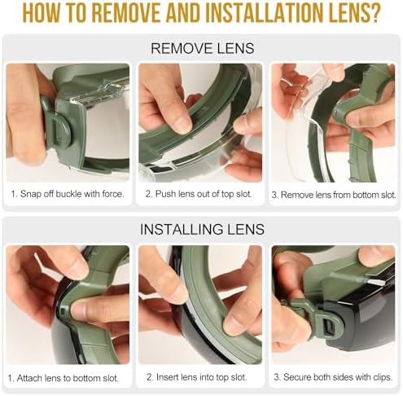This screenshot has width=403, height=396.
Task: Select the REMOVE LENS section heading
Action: (203, 48)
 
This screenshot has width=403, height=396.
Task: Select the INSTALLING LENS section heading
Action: (202, 230)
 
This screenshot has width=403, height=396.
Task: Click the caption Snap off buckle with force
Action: (68, 194)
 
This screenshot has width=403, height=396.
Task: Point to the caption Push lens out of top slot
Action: (199, 194)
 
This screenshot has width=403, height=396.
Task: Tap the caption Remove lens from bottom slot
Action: (334, 195)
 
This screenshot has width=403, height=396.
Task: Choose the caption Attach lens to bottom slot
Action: (64, 378)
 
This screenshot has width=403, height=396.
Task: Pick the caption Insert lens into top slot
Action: (196, 377)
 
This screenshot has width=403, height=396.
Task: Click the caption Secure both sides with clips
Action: (333, 377)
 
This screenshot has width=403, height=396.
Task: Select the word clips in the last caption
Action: (383, 377)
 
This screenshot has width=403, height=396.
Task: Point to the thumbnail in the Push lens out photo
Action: (182, 124)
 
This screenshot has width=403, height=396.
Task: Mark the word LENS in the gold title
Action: (344, 13)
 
